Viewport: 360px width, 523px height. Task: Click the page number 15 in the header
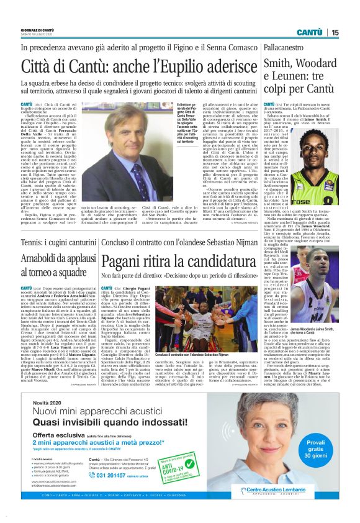335,32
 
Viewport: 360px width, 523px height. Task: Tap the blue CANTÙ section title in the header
308,32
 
